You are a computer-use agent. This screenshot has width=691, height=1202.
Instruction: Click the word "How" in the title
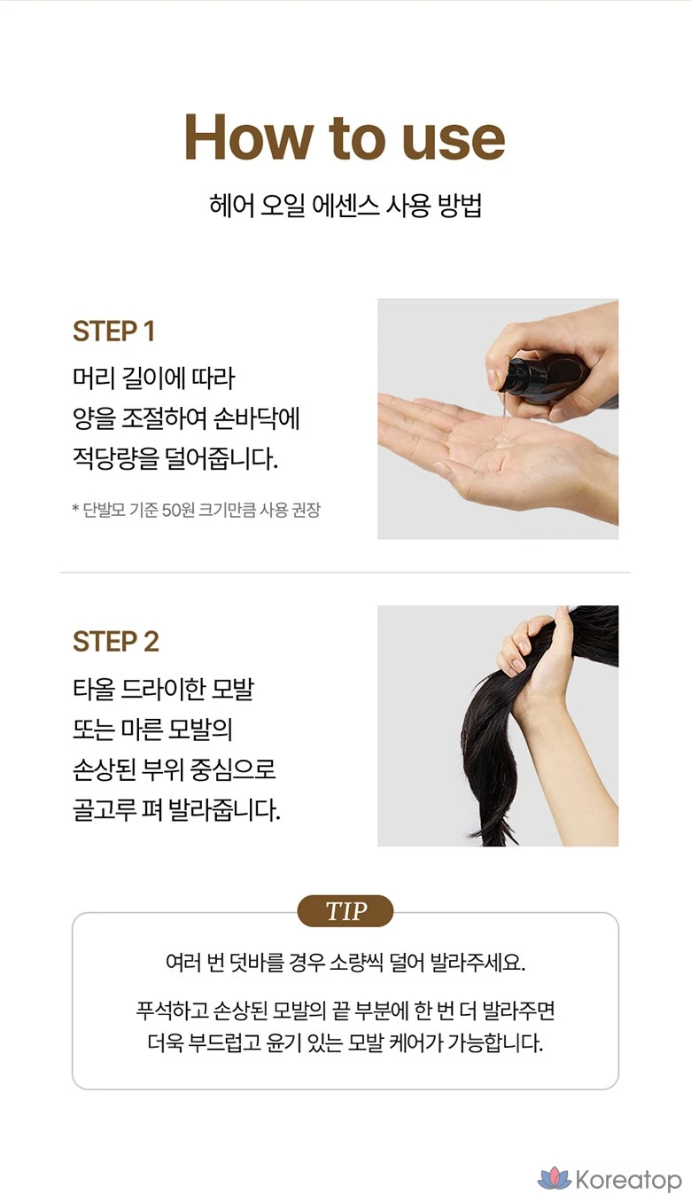click(249, 137)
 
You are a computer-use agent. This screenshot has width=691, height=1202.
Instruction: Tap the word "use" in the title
click(454, 141)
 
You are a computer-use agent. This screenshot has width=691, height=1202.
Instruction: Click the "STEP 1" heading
click(113, 332)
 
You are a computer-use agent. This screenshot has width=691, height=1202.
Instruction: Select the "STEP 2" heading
click(116, 642)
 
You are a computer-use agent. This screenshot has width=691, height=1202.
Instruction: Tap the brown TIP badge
click(345, 910)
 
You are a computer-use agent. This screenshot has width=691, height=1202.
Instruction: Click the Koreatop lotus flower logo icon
click(555, 1178)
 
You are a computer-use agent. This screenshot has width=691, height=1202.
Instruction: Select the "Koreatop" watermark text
click(628, 1180)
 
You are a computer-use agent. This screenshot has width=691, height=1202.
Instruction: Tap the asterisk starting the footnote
click(75, 508)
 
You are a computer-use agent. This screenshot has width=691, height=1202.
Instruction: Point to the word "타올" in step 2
click(94, 689)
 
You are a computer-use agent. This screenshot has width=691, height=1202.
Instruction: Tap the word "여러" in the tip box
click(183, 962)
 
